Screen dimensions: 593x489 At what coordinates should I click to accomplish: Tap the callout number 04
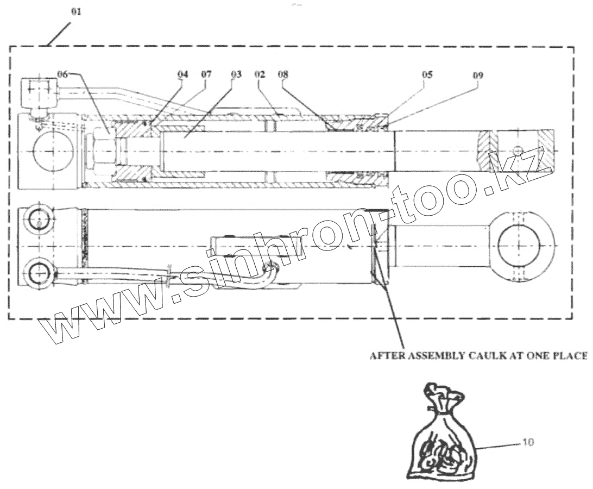(x=182, y=75)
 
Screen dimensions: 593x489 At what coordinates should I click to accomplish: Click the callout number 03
(x=235, y=75)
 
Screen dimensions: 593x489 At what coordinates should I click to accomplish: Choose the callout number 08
(x=283, y=75)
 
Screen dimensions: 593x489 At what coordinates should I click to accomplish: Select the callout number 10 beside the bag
(x=527, y=443)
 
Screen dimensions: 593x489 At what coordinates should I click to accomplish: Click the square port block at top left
(x=39, y=94)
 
